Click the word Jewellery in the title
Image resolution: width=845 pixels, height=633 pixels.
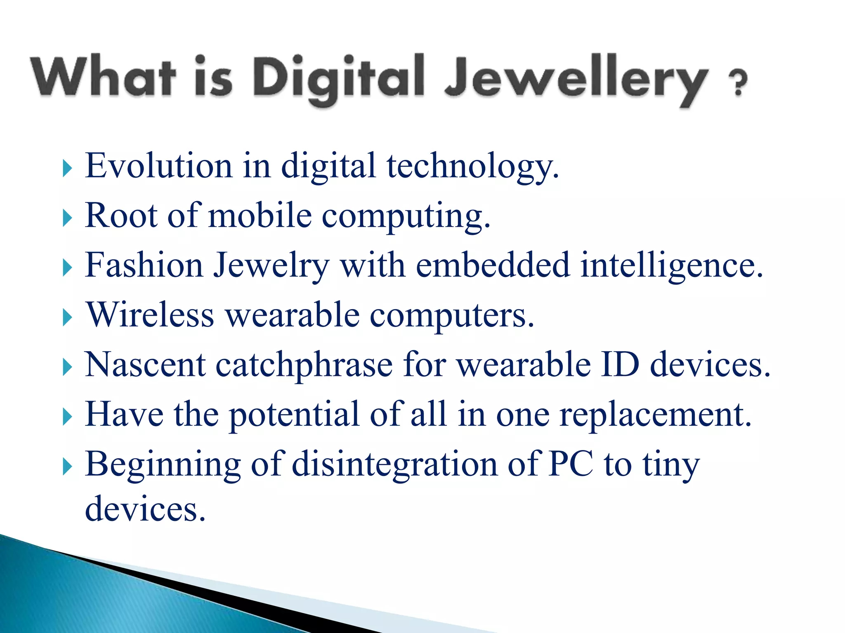point(576,78)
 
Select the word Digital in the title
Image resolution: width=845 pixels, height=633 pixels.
point(338,78)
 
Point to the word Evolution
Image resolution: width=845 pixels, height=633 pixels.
point(159,166)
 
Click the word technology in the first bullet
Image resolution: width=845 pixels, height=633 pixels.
point(472,166)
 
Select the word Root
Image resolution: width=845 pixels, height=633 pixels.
point(121,216)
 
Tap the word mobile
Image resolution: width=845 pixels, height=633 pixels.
point(260,216)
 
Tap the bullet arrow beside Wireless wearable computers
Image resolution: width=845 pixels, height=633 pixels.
point(67,318)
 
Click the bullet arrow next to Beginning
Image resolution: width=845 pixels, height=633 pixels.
point(67,467)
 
